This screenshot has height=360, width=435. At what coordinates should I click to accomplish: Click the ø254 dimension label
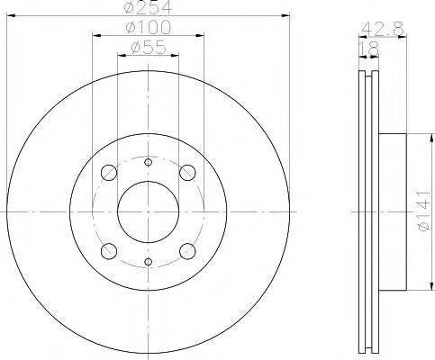(x=148, y=9)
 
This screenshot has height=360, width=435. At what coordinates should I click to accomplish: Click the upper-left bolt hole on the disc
(x=109, y=172)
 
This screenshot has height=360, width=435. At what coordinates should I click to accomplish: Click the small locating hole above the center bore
(x=148, y=161)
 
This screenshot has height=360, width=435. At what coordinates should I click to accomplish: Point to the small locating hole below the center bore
(x=148, y=262)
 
